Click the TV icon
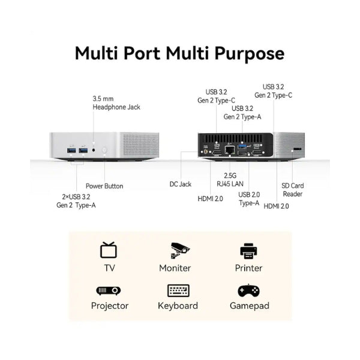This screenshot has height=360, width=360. [x=109, y=250]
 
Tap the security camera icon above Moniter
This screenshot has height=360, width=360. [x=180, y=251]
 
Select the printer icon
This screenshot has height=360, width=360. [x=248, y=251]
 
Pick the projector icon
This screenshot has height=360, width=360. [x=109, y=290]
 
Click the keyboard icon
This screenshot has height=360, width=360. [x=178, y=290]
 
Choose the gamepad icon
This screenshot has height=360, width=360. [x=248, y=290]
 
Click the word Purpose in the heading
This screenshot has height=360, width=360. [x=250, y=54]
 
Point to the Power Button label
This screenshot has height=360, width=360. [x=104, y=186]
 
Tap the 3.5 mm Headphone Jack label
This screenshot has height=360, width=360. [x=116, y=103]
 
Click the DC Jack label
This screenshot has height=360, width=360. [x=180, y=184]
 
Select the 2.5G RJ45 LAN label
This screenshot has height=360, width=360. [x=230, y=180]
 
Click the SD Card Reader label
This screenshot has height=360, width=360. [x=293, y=190]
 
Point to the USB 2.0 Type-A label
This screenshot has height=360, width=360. [x=249, y=199]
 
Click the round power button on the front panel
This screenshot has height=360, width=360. [x=104, y=150]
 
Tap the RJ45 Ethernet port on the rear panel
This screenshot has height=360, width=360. [x=230, y=149]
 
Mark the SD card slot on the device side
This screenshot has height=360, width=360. [x=298, y=149]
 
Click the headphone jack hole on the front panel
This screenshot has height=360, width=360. [x=94, y=150]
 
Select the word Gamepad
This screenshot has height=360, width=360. [x=250, y=306]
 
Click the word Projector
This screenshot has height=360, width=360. [x=110, y=306]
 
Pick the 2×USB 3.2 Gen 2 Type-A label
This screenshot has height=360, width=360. [x=76, y=201]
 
